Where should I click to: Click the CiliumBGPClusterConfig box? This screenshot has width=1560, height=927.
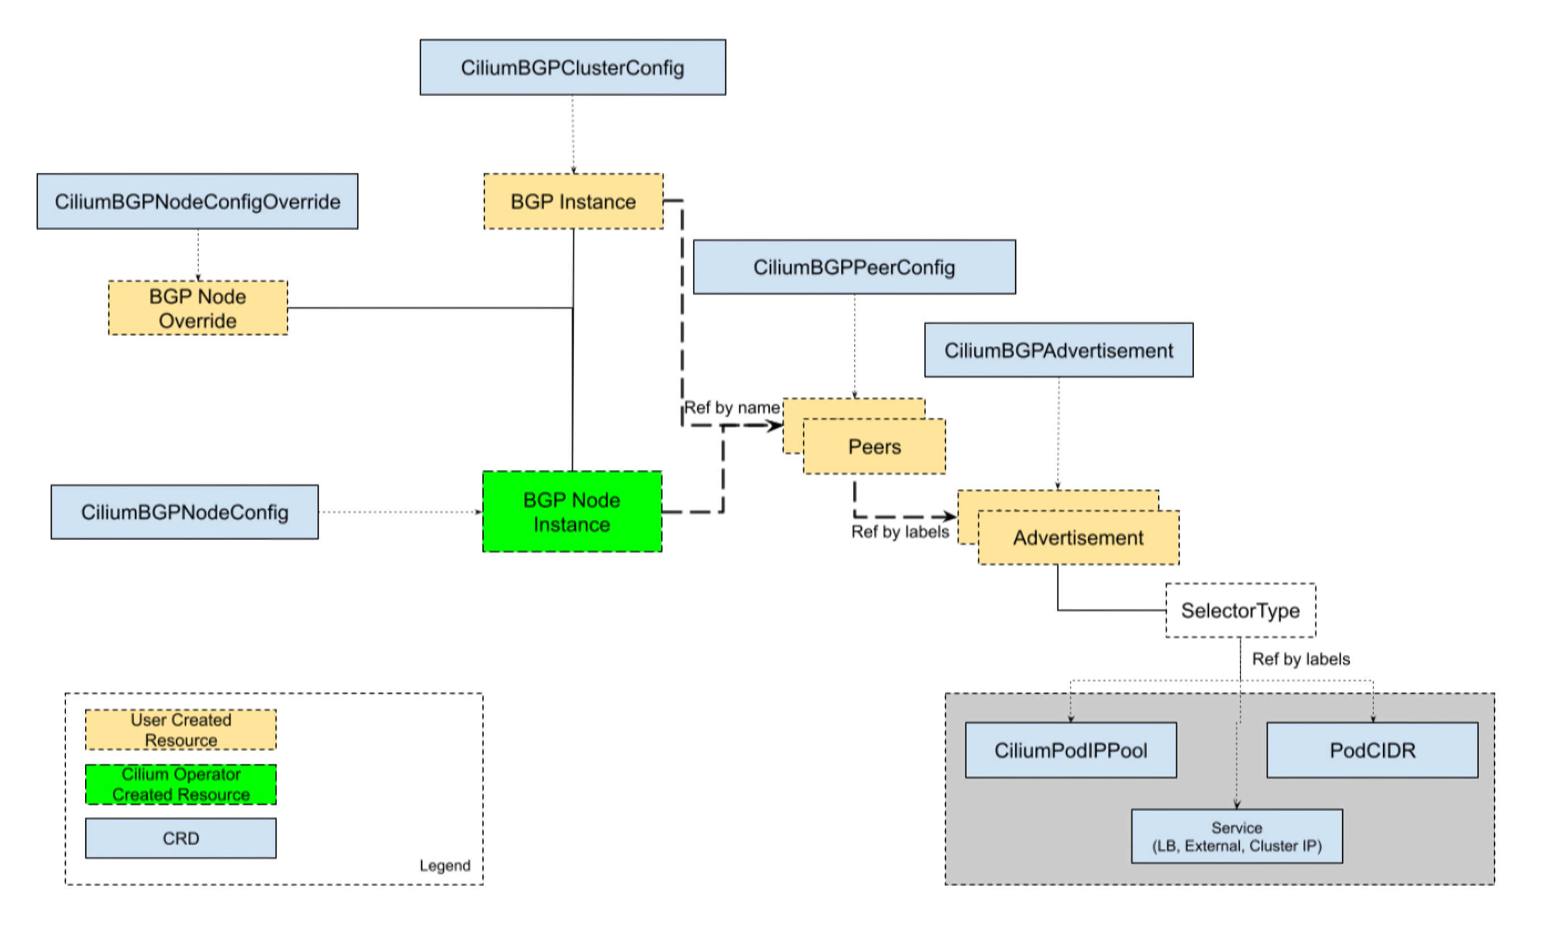pyautogui.click(x=572, y=68)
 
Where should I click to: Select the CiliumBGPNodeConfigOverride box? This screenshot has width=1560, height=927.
pyautogui.click(x=198, y=201)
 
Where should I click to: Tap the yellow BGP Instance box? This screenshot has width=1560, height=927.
pyautogui.click(x=573, y=201)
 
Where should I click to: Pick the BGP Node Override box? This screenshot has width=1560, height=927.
pyautogui.click(x=198, y=308)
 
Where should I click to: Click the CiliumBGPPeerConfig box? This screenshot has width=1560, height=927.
pyautogui.click(x=854, y=267)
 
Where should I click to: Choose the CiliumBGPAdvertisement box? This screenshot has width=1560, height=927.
pyautogui.click(x=1058, y=351)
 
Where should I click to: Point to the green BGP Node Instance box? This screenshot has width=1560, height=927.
pyautogui.click(x=572, y=512)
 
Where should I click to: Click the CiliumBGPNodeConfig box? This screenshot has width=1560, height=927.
pyautogui.click(x=184, y=512)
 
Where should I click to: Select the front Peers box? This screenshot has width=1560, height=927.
pyautogui.click(x=874, y=446)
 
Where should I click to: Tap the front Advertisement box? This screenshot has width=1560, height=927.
pyautogui.click(x=1077, y=538)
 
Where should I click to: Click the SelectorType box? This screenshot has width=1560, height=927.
pyautogui.click(x=1240, y=610)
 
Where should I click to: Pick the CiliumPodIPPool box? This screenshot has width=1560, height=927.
pyautogui.click(x=1070, y=750)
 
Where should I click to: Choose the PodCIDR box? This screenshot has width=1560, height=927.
pyautogui.click(x=1372, y=750)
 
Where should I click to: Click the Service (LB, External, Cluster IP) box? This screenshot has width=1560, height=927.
pyautogui.click(x=1236, y=836)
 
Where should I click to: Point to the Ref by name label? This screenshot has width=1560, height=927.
pyautogui.click(x=731, y=408)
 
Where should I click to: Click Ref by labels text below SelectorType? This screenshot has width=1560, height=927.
pyautogui.click(x=1301, y=659)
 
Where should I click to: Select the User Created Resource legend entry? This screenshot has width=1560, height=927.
pyautogui.click(x=181, y=730)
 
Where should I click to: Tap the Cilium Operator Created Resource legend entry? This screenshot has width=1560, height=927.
pyautogui.click(x=181, y=785)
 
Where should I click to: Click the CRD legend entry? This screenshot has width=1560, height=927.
pyautogui.click(x=181, y=838)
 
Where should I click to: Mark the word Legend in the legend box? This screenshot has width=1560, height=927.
pyautogui.click(x=444, y=865)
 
